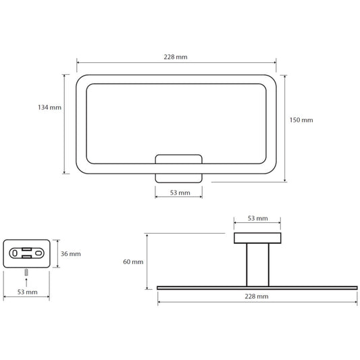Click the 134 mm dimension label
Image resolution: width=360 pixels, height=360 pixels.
pyautogui.click(x=49, y=107)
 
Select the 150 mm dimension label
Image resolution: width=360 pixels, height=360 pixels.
pyautogui.click(x=301, y=120)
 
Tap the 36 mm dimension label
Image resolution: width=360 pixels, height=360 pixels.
pyautogui.click(x=71, y=254)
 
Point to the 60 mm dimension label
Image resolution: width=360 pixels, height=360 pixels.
pyautogui.click(x=133, y=261)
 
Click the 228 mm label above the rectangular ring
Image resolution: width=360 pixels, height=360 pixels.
pyautogui.click(x=176, y=57)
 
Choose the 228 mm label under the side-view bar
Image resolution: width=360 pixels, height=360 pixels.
pyautogui.click(x=257, y=297)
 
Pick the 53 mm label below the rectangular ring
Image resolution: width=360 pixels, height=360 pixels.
pyautogui.click(x=180, y=192)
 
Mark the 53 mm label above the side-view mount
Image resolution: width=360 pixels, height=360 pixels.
pyautogui.click(x=257, y=218)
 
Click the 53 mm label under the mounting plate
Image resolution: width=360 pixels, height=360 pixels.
pyautogui.click(x=27, y=292)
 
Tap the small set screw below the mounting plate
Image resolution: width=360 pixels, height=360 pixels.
pyautogui.click(x=26, y=272)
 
